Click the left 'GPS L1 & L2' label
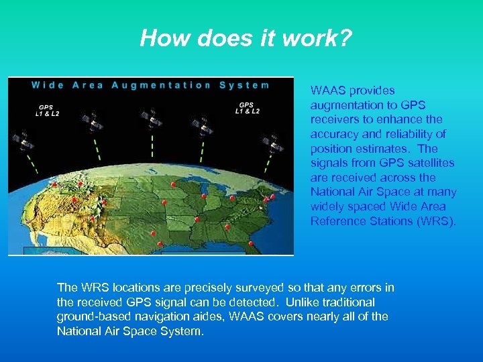47,110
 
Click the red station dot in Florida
251,243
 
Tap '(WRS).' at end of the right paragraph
437,221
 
